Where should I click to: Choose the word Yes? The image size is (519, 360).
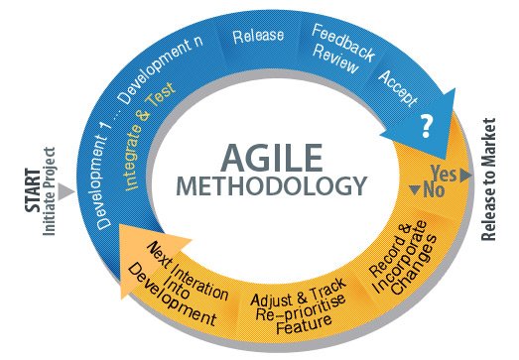pos(444,173)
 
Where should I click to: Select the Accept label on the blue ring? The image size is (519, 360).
pos(397,88)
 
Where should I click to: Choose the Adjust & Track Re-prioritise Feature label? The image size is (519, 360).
pos(285,304)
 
